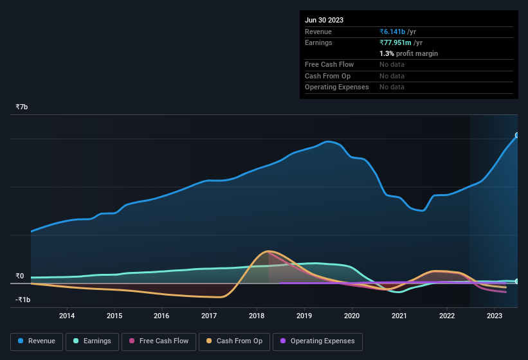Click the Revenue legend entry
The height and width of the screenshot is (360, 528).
point(37,341)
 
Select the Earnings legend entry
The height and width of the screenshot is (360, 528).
point(92,341)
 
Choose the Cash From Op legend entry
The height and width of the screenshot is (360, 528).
point(234,341)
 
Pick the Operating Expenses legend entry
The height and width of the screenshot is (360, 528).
point(317,341)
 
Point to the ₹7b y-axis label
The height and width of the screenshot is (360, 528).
point(22,107)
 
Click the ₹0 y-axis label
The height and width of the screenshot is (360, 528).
point(20,276)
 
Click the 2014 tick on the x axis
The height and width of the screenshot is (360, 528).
point(67,316)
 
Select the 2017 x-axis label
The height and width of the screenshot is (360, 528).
point(209,316)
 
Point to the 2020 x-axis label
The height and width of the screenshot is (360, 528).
point(352,316)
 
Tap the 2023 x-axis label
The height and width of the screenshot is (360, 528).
point(495,316)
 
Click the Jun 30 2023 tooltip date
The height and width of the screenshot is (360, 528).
point(324,20)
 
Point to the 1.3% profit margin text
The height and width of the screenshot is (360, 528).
point(408,53)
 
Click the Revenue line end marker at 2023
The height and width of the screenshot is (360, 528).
point(517,136)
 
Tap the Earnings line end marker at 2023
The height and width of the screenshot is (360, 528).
point(517,282)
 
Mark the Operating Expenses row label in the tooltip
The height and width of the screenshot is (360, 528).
point(336,87)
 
